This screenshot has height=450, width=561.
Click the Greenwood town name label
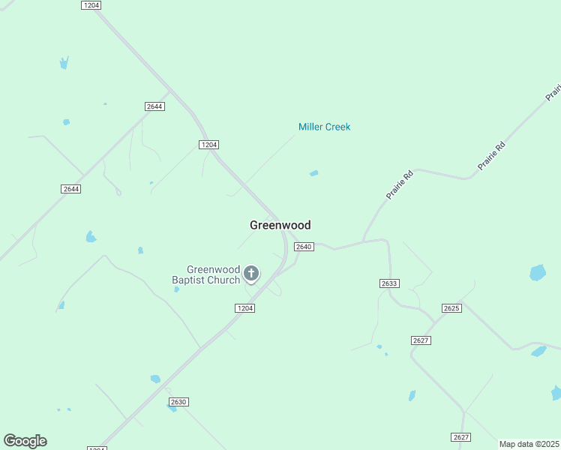(x=280, y=225)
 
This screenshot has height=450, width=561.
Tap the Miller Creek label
(x=324, y=127)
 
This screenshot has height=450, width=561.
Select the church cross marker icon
(x=251, y=273)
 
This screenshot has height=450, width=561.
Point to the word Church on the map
(x=224, y=280)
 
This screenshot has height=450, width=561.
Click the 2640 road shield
(x=303, y=247)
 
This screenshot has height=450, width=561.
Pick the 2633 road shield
(x=389, y=283)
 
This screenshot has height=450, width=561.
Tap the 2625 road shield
(x=451, y=308)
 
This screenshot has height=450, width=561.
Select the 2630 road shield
(x=178, y=402)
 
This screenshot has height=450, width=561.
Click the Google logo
(x=25, y=441)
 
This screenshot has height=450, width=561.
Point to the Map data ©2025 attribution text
(x=529, y=444)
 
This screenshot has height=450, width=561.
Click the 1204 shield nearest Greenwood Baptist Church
(x=245, y=308)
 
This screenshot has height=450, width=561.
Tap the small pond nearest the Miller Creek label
(x=313, y=173)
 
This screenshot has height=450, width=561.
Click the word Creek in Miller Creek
(x=337, y=127)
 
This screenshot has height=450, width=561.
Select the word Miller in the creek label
(x=310, y=127)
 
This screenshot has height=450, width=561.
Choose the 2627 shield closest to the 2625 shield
(x=421, y=340)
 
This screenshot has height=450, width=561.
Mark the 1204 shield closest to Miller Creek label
(x=208, y=144)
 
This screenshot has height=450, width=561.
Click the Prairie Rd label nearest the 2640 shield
(x=400, y=184)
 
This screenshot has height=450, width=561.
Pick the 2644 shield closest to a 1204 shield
(x=154, y=106)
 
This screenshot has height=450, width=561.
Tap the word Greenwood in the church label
(x=213, y=270)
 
